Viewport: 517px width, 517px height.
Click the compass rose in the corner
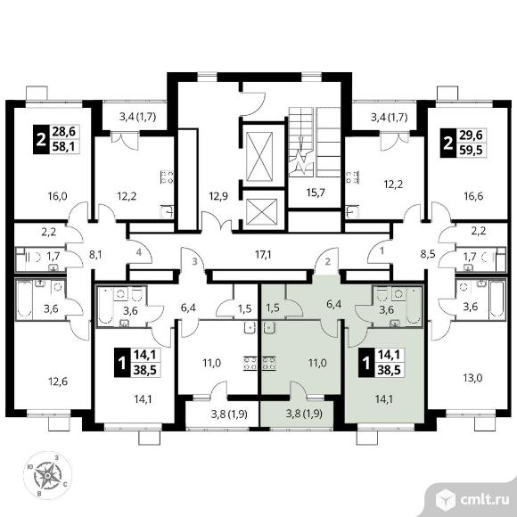click(48, 475)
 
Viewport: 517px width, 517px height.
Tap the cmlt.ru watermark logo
click(472, 500)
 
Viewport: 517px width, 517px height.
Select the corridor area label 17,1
click(263, 254)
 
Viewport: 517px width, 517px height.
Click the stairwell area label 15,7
click(316, 193)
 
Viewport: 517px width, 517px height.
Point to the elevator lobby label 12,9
click(218, 196)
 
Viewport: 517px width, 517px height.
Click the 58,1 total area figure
click(64, 145)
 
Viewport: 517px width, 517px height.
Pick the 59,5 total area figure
click(471, 151)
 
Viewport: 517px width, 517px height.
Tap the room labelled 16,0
click(57, 196)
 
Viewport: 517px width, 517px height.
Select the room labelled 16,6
click(473, 196)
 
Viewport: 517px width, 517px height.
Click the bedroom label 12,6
click(58, 382)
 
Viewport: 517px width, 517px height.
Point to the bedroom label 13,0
click(472, 378)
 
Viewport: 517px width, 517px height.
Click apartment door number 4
click(139, 252)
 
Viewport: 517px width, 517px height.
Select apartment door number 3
click(195, 262)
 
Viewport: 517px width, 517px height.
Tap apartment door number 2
click(328, 262)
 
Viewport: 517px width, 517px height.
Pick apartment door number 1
click(382, 250)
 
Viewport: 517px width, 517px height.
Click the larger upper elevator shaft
click(259, 157)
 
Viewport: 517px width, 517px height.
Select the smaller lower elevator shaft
click(262, 212)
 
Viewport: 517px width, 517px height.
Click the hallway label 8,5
click(428, 254)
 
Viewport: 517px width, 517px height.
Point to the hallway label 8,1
click(95, 255)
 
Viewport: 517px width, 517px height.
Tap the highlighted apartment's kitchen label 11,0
click(317, 363)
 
